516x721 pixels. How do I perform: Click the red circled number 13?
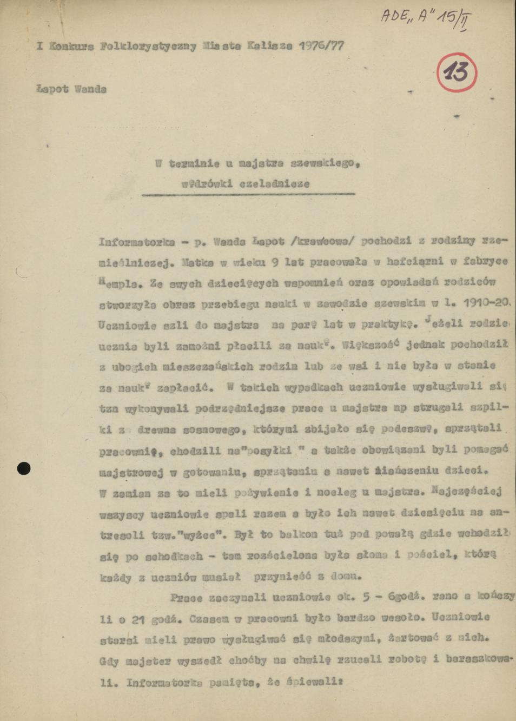point(457,72)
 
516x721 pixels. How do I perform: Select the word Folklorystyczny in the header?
point(148,46)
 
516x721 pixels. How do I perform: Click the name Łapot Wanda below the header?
point(71,89)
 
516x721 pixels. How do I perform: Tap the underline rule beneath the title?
point(249,194)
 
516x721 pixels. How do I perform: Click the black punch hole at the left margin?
point(24,468)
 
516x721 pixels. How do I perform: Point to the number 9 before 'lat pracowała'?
point(275,262)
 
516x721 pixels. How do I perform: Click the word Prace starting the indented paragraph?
point(186,598)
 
